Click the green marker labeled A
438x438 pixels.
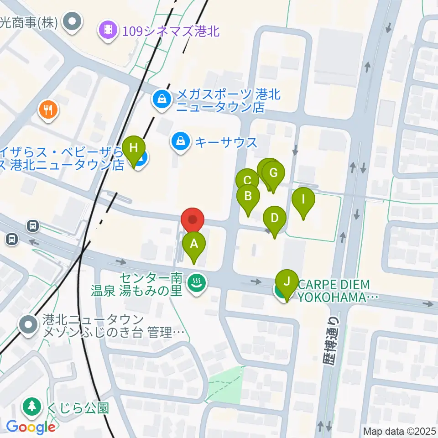click(194, 244)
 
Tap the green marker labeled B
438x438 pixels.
click(248, 197)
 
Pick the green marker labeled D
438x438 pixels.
click(274, 218)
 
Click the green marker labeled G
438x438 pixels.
click(273, 173)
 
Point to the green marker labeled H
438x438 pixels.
click(134, 148)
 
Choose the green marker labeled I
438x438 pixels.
click(303, 199)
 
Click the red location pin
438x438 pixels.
click(193, 220)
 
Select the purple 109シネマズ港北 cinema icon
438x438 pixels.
click(109, 30)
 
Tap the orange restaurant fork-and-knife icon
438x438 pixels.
click(48, 109)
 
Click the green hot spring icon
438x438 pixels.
click(197, 283)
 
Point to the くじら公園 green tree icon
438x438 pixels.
click(32, 406)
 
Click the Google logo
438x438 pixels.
click(31, 427)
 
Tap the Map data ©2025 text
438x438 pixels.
click(400, 431)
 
